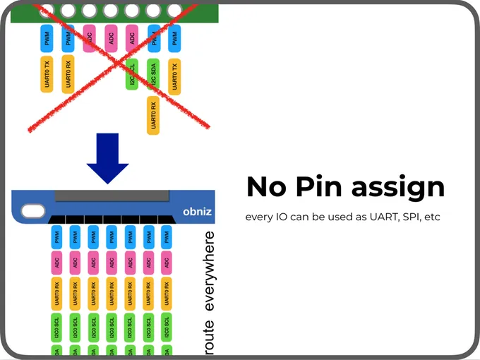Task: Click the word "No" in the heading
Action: coord(265,187)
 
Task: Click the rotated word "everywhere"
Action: coord(209,271)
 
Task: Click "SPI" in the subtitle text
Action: coord(410,217)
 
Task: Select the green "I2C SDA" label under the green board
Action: coord(152,75)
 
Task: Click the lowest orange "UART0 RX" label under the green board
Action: coord(152,115)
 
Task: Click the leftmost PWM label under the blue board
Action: coord(56,236)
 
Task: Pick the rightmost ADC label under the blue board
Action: coord(167,262)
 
